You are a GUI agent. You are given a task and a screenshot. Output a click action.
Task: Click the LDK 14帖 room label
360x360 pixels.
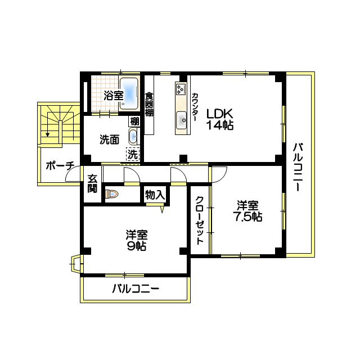tap(219, 119)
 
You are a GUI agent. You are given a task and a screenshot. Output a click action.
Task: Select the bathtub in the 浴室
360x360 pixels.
tap(131, 94)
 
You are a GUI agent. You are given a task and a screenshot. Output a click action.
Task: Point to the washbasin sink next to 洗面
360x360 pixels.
tap(133, 137)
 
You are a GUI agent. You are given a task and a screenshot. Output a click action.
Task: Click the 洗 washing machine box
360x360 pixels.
tap(132, 154)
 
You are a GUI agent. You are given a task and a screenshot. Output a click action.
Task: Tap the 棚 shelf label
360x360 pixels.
tap(134, 121)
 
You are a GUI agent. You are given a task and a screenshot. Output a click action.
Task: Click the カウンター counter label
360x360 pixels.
tap(195, 106)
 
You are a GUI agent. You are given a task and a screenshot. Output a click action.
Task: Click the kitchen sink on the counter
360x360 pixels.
tap(182, 119)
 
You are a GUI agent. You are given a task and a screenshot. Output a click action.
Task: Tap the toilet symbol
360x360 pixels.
tap(111, 195)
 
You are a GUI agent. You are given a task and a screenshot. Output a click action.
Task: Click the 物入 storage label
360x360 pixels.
tap(155, 195)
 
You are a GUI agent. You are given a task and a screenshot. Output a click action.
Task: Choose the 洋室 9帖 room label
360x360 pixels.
tap(136, 240)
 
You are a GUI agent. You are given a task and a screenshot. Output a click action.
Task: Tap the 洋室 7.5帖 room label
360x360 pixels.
tap(248, 211)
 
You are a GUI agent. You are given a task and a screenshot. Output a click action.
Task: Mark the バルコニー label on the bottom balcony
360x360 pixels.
tap(135, 290)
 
